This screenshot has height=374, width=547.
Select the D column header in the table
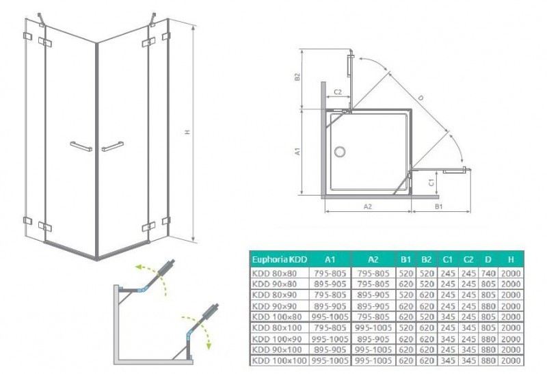coord(488,260)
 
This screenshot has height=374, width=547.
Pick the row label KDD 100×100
coord(279,360)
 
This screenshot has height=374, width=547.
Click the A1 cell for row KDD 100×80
coord(330,317)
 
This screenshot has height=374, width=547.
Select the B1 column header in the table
coord(406,260)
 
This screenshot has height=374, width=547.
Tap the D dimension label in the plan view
coord(420,98)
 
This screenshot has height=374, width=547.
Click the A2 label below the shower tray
coord(367,204)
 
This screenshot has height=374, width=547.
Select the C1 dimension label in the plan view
coord(431,182)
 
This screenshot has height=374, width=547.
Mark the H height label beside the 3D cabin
coord(187,133)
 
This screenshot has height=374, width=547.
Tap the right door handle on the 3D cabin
coord(112,146)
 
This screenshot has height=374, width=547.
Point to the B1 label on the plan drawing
coord(440,204)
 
